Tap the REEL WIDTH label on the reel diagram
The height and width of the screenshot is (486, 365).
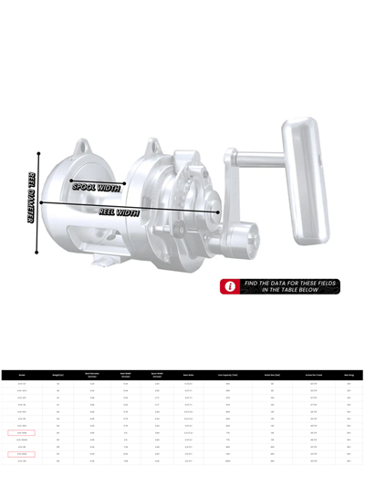[x=119, y=212]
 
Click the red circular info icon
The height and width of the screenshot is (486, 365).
[x=230, y=286]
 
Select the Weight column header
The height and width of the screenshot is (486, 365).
[x=58, y=374]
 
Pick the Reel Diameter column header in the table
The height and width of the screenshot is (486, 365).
[x=92, y=374]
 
